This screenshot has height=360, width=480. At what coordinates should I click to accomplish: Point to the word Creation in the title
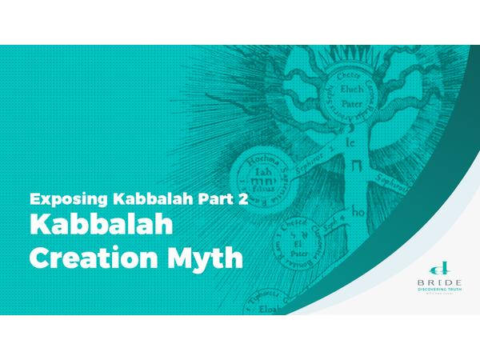click(x=86, y=259)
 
